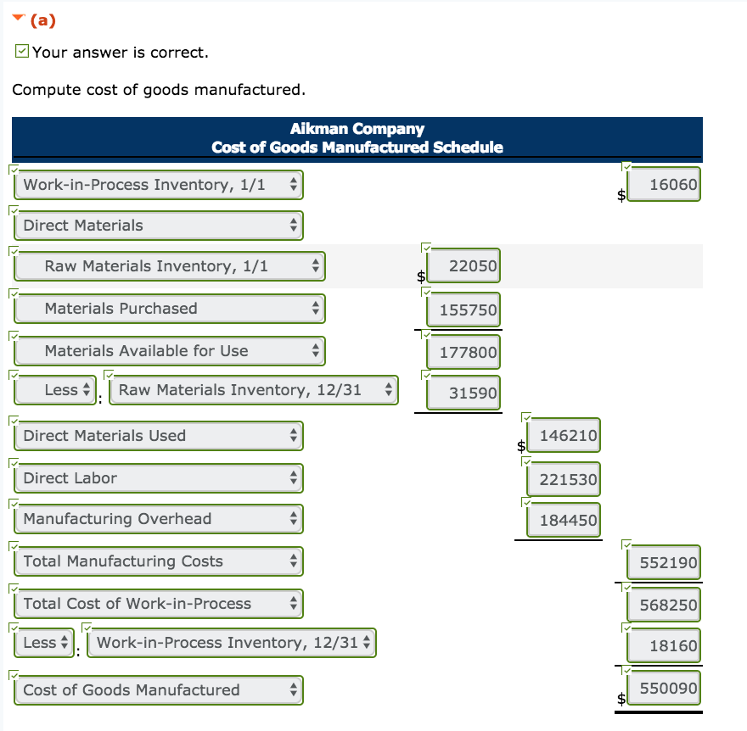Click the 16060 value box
click(665, 185)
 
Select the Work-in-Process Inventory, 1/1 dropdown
click(158, 185)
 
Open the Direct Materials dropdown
click(158, 226)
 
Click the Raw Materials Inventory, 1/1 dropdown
click(169, 266)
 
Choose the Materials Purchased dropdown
click(169, 309)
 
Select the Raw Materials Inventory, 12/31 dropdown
click(253, 390)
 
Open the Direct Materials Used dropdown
click(158, 436)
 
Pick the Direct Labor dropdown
click(158, 478)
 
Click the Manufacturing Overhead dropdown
click(158, 519)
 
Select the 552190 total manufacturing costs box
click(665, 562)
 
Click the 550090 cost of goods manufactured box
click(665, 689)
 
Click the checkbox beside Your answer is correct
click(22, 53)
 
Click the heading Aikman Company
click(357, 129)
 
